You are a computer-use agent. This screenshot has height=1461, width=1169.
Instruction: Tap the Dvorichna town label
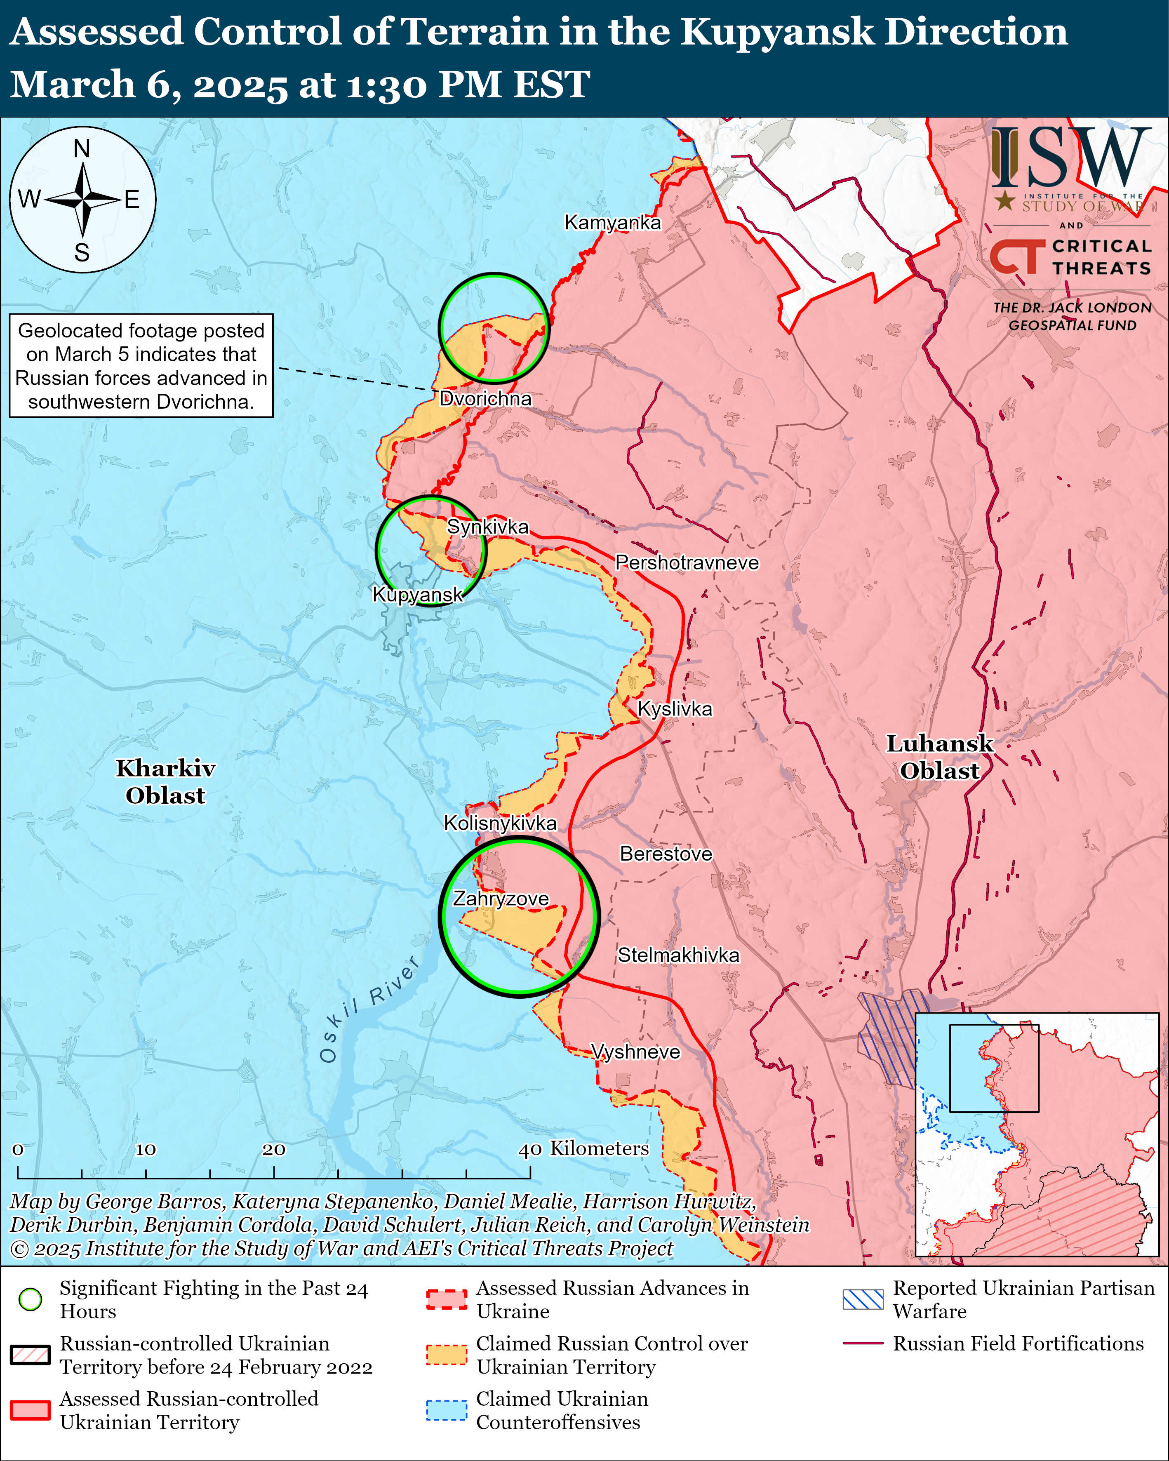485,398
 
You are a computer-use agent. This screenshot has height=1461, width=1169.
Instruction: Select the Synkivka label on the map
487,527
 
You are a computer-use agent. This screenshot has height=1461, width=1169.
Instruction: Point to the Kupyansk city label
417,595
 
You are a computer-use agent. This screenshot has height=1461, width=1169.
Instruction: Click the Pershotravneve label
687,562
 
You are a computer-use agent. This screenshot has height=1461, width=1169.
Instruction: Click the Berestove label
666,854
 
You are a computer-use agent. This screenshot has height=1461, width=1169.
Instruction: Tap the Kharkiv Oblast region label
165,781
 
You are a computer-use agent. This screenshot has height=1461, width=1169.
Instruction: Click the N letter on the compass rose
82,148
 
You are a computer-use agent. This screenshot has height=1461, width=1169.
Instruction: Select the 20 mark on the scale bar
274,1149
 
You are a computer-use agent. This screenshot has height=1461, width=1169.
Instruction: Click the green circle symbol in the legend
31,1299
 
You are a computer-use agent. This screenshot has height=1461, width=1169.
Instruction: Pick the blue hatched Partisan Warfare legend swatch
863,1299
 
